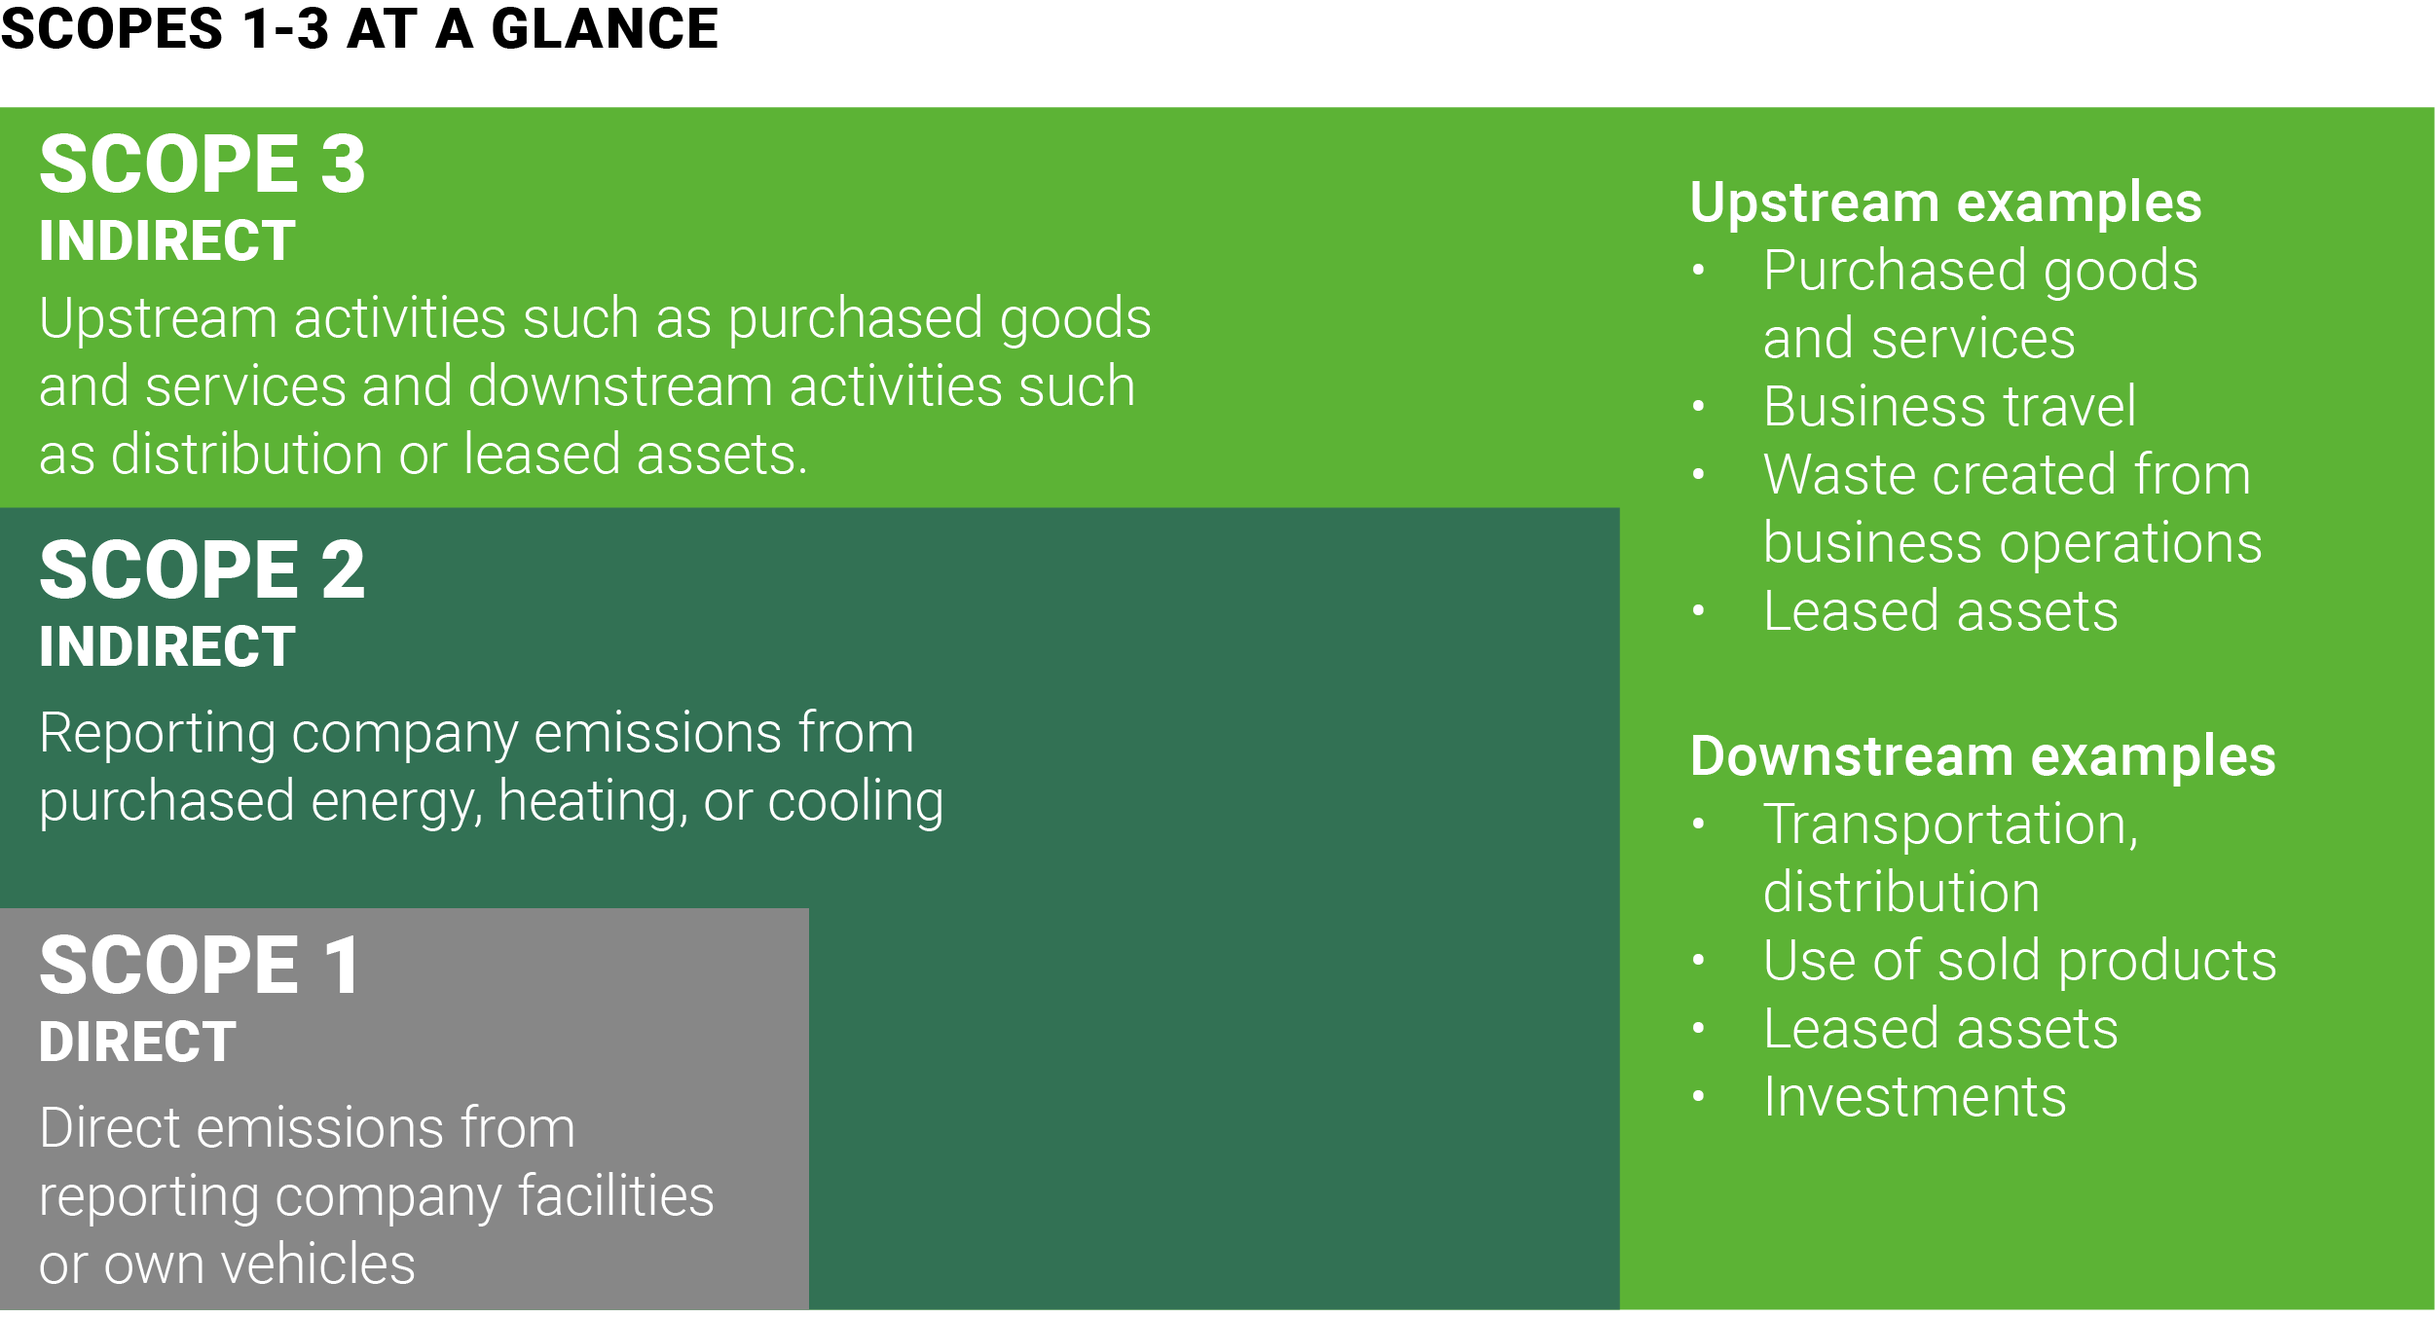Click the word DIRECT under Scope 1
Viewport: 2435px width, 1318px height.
click(x=137, y=1042)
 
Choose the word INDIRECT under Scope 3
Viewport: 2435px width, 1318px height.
click(x=167, y=240)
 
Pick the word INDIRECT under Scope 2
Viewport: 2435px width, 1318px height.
click(x=167, y=646)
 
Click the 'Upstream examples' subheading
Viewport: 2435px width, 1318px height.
click(x=1945, y=202)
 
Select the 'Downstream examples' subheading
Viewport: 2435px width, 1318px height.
click(x=1983, y=756)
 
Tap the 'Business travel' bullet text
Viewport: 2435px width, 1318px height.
click(x=1949, y=406)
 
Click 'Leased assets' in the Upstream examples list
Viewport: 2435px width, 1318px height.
click(x=1940, y=611)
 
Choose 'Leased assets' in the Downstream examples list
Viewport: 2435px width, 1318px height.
click(x=1940, y=1029)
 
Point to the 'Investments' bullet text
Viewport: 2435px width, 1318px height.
click(x=1914, y=1097)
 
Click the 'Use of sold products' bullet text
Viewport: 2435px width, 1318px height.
click(x=2020, y=961)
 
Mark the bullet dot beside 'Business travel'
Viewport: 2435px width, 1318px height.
click(x=1699, y=406)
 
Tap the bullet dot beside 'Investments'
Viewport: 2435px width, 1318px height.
click(x=1699, y=1096)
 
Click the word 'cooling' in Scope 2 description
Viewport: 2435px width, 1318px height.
click(x=856, y=802)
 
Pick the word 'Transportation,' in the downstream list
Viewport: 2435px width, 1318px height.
click(x=1951, y=826)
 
